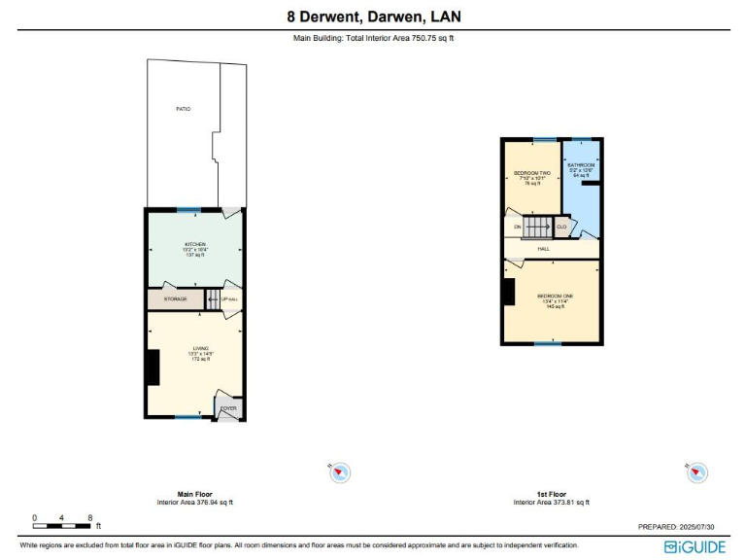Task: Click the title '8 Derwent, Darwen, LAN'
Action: (374, 16)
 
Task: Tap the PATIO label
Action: (183, 109)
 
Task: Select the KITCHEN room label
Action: (195, 244)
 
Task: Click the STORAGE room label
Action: (175, 298)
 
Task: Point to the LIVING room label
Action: (200, 348)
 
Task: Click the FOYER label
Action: (228, 408)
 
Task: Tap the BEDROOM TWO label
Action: (531, 173)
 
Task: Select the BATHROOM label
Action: (581, 166)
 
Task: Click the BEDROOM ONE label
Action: (555, 296)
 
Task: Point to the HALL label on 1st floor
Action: (544, 249)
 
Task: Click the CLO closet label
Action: (561, 227)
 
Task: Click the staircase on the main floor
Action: (214, 298)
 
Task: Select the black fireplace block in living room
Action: (153, 367)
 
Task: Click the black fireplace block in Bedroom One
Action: (508, 293)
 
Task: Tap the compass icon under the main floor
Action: (340, 473)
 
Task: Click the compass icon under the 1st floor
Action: (695, 472)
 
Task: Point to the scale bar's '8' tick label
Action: (90, 517)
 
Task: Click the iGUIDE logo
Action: (695, 546)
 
